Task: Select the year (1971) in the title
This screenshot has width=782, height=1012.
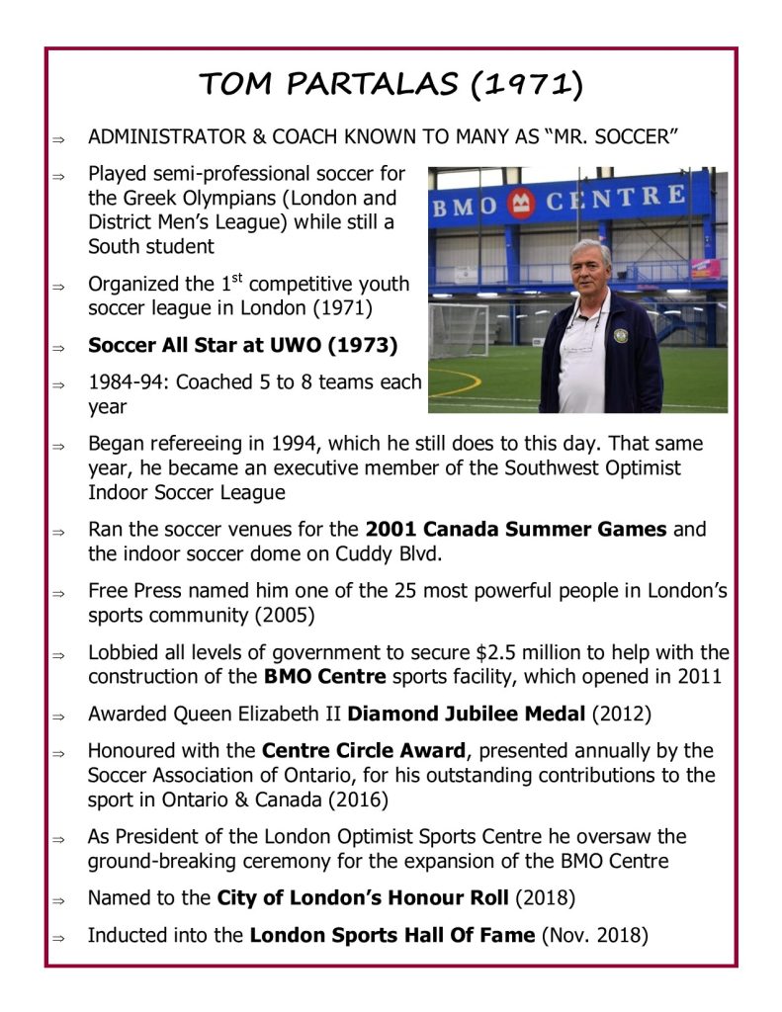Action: [525, 86]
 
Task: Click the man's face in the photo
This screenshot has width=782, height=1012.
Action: [591, 264]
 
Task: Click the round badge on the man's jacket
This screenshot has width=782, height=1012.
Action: [620, 336]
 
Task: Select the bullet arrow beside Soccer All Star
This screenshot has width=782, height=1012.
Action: [59, 347]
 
